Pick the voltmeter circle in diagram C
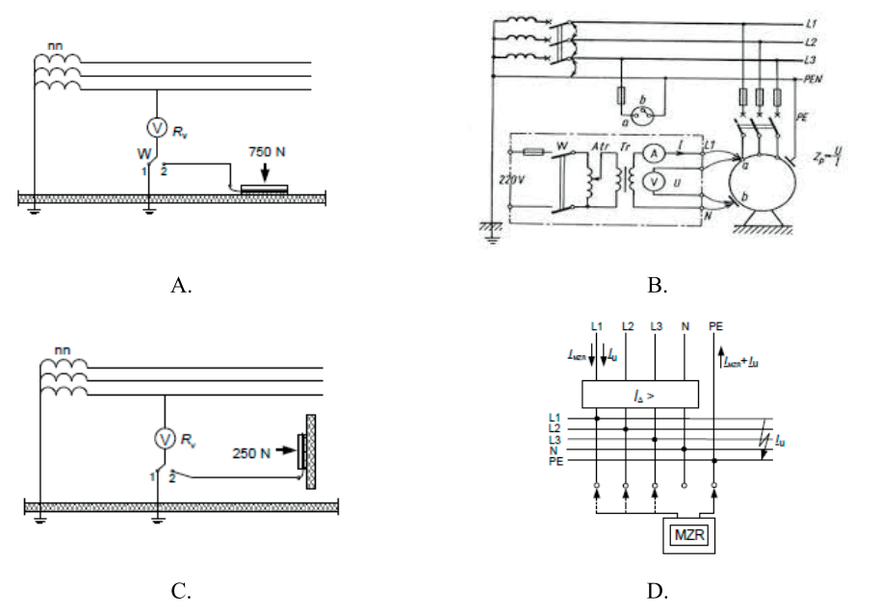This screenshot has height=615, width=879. (x=164, y=439)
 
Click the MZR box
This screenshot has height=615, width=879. (x=686, y=535)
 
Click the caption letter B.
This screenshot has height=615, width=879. (x=659, y=285)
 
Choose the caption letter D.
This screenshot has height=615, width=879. (x=658, y=592)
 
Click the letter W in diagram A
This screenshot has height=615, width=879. (x=144, y=153)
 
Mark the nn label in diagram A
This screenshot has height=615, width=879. (x=56, y=44)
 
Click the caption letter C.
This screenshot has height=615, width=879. (x=180, y=592)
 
